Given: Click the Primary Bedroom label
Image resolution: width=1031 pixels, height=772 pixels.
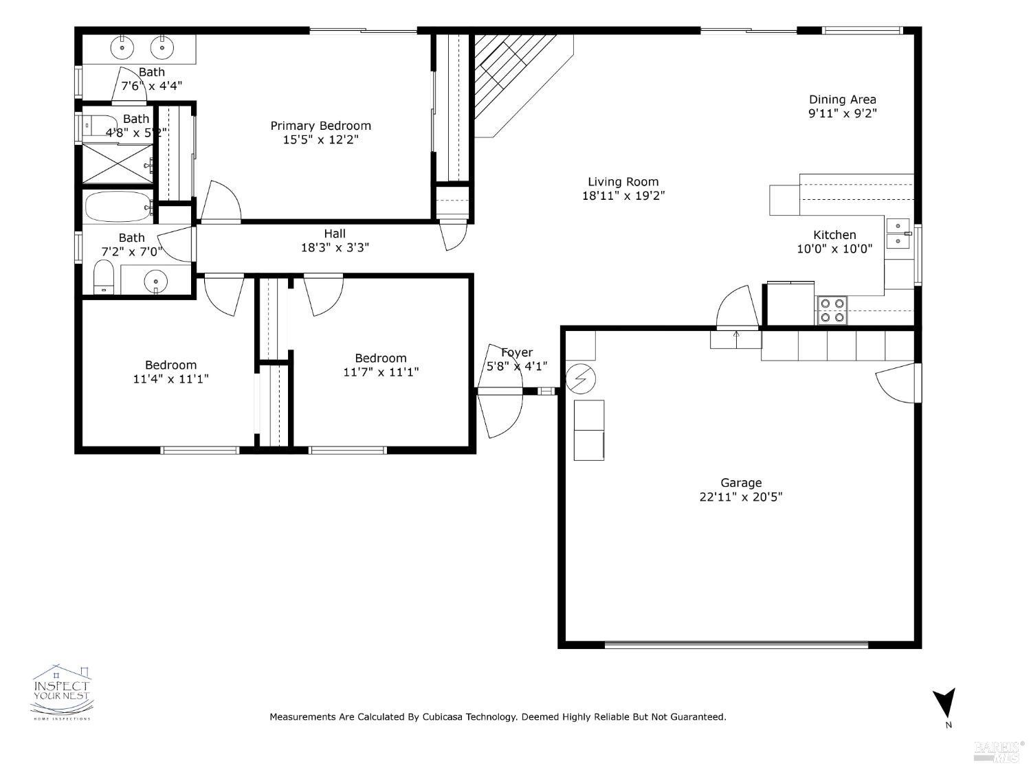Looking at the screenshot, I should click(320, 126).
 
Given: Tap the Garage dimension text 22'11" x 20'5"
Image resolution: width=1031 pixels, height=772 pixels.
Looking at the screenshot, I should click(741, 497).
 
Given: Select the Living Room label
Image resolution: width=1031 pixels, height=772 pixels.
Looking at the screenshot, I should click(623, 182).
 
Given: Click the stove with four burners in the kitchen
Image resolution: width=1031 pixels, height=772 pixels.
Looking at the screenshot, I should click(832, 310).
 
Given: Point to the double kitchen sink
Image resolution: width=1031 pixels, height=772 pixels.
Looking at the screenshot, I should click(898, 234).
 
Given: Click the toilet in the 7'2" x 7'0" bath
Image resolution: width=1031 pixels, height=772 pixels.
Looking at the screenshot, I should click(104, 277).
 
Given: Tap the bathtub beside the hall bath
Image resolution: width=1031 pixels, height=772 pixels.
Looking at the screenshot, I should click(118, 206).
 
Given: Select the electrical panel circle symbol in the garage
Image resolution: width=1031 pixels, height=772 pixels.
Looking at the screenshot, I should click(581, 378).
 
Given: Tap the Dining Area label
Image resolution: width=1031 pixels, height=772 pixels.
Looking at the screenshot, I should click(842, 100).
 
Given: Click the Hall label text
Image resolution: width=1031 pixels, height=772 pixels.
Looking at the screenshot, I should click(335, 234).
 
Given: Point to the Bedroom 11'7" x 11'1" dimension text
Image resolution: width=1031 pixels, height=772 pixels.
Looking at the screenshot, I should click(381, 372).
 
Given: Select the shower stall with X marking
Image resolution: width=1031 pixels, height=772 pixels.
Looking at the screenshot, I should click(117, 164).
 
